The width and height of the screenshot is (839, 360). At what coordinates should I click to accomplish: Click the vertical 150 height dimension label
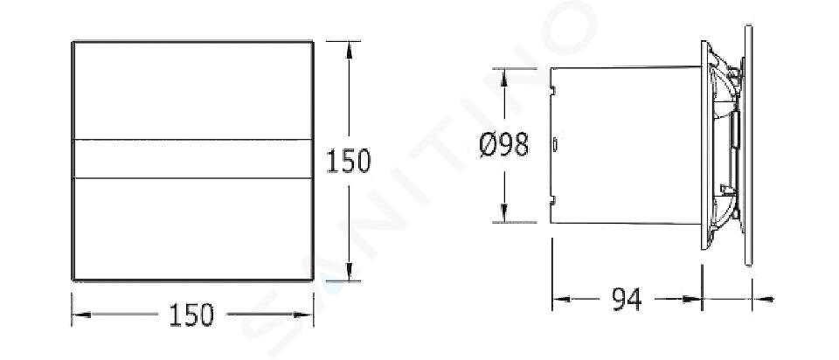click(x=349, y=161)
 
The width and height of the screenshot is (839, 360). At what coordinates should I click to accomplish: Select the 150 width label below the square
click(x=191, y=315)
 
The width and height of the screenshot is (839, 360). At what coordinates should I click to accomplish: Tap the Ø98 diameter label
click(x=504, y=144)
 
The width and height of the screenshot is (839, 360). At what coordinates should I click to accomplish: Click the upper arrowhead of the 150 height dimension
click(x=349, y=50)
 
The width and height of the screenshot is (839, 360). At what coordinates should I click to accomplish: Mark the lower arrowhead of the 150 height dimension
click(x=349, y=272)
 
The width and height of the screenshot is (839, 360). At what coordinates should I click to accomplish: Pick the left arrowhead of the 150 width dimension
click(x=80, y=315)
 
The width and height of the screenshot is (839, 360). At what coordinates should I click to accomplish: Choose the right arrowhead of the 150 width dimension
click(x=304, y=315)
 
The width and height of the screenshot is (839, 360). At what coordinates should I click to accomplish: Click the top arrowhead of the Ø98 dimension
click(x=504, y=77)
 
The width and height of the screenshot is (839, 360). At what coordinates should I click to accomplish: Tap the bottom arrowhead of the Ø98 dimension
click(x=504, y=213)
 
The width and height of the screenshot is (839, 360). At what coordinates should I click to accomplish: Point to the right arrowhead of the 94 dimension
click(x=692, y=300)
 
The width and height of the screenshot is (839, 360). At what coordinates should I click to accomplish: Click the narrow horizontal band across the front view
click(x=192, y=159)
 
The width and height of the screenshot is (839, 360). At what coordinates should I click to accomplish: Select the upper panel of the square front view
click(x=192, y=91)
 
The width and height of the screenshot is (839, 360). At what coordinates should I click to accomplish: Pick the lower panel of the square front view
click(x=192, y=228)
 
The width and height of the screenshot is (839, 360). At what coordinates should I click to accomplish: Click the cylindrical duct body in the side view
click(x=626, y=145)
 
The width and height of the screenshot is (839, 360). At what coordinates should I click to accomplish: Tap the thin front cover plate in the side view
click(x=748, y=145)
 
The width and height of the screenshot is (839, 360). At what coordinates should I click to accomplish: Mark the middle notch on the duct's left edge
click(x=555, y=144)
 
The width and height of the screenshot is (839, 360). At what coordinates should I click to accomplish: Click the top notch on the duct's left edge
click(x=553, y=90)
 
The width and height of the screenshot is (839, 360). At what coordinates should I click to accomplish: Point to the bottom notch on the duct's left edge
click(x=553, y=200)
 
